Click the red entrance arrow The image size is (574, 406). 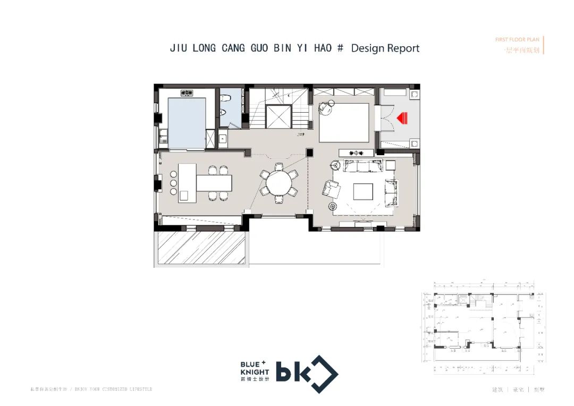pos(402,117)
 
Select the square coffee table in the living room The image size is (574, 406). pos(364,191)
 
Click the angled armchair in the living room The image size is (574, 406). pos(331,189)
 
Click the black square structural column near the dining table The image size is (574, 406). pos(309,153)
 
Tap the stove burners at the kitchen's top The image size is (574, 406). pos(186,93)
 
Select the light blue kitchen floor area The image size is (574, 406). pos(187,123)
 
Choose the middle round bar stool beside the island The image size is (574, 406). pos(173,183)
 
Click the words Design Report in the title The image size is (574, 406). pos(385,48)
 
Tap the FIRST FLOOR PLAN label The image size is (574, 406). pos(517,40)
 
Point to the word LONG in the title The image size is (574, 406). pos(204,48)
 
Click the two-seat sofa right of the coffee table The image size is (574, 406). pos(392,192)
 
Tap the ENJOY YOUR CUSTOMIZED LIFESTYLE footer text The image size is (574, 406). pos(114,390)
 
